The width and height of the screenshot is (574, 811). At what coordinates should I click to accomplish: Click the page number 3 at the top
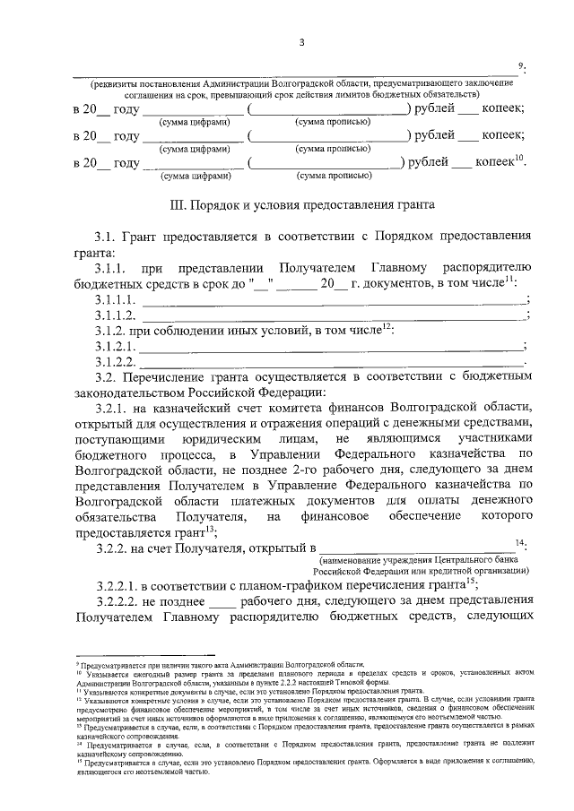click(x=302, y=41)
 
